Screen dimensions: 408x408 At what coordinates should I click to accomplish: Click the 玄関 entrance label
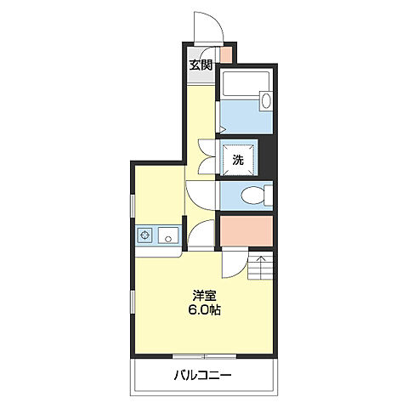pos(201,65)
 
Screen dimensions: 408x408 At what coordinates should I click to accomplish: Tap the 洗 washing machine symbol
pos(237,160)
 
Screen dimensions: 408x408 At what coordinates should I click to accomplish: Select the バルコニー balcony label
pos(203,376)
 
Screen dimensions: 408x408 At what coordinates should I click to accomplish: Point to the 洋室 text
pos(205,296)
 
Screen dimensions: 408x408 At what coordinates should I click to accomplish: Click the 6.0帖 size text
pos(205,310)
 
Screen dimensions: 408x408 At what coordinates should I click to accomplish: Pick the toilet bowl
pos(252,195)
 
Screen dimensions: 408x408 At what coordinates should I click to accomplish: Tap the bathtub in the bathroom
pos(246,83)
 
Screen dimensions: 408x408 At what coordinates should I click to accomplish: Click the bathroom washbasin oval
pos(266,99)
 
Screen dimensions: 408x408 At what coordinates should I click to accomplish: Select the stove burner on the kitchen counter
pos(144,235)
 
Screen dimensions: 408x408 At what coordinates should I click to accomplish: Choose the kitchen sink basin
pos(168,235)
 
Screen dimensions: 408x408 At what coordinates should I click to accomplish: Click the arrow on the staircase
pos(261,264)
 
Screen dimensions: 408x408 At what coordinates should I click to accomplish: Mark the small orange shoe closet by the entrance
pos(226,54)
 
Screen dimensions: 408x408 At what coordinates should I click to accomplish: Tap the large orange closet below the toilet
pos(246,231)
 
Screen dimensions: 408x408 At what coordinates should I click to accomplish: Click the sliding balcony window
pos(204,356)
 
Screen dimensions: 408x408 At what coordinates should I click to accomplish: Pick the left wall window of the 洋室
pos(133,302)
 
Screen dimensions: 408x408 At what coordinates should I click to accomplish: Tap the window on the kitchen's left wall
pos(133,206)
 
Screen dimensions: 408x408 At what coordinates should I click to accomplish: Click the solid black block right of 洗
pos(266,157)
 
